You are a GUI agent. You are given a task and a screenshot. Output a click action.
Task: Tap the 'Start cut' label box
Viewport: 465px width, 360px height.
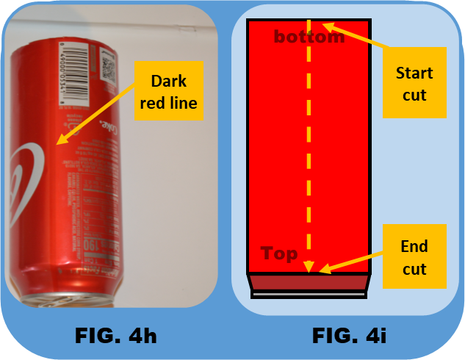tap(414, 84)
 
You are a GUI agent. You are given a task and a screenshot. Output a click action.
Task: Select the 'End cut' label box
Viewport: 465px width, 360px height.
tap(414, 257)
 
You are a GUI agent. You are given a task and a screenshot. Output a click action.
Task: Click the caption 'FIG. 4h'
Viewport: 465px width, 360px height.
tap(115, 336)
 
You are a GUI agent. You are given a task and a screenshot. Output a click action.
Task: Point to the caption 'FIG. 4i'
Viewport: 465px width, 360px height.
tap(349, 336)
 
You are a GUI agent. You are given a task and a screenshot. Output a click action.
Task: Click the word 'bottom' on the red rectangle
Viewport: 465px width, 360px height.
tap(309, 37)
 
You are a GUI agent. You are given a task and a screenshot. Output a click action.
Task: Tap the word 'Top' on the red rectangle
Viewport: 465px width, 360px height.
tap(279, 254)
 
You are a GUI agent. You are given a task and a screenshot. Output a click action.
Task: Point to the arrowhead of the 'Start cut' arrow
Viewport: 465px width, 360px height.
tap(326, 26)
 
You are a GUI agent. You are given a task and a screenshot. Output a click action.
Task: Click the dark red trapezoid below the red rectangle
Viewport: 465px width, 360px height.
tap(309, 282)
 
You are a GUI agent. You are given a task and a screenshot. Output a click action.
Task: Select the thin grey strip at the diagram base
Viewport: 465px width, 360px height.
tap(309, 295)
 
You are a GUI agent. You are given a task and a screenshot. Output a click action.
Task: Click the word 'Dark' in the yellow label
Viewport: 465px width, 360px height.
tap(168, 81)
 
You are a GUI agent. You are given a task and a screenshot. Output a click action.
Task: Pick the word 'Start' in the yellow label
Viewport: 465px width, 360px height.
tap(414, 73)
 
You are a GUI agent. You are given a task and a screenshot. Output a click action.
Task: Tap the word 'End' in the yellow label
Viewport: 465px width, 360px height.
tap(414, 247)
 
